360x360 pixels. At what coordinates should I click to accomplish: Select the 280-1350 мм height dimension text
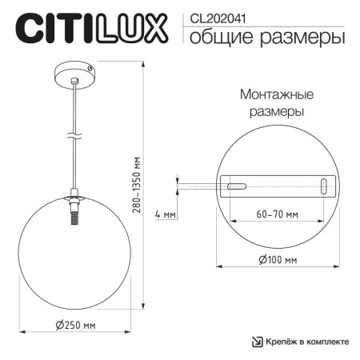138,192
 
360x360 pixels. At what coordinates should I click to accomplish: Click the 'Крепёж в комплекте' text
309,342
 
